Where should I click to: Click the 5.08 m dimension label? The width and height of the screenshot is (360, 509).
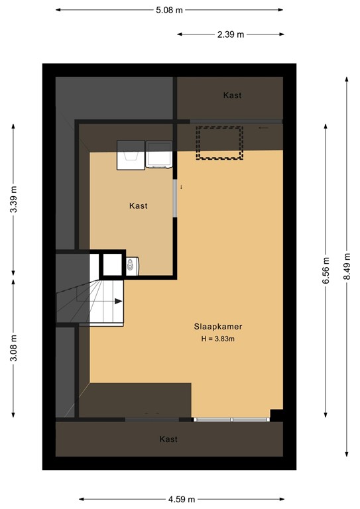tap(170, 10)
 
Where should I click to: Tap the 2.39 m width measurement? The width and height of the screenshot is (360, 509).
tap(231, 34)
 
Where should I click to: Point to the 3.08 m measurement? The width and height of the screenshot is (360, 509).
tap(13, 347)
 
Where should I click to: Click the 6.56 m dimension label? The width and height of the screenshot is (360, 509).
tap(325, 270)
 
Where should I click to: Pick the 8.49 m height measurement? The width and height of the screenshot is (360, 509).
tap(346, 267)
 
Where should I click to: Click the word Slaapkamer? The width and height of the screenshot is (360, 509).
tap(218, 327)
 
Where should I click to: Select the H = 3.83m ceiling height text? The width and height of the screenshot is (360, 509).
tap(218, 339)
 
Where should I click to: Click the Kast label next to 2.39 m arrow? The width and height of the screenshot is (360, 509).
tap(232, 95)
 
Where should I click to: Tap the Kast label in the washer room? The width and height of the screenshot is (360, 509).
tap(138, 206)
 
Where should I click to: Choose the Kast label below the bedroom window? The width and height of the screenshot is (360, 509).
tap(168, 439)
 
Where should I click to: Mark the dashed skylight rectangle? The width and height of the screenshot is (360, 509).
tap(219, 142)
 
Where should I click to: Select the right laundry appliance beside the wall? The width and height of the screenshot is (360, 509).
tap(158, 154)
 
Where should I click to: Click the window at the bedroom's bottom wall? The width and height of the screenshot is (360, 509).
tap(231, 419)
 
